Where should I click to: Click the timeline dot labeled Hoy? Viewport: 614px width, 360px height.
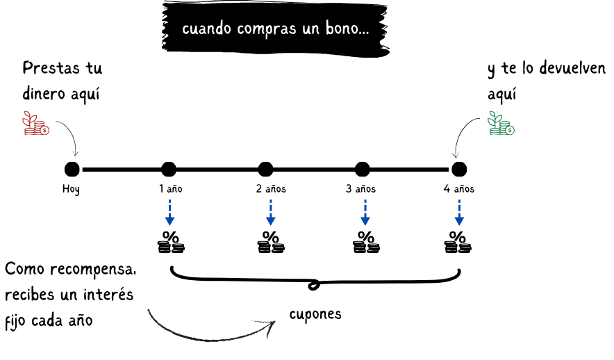[72, 169]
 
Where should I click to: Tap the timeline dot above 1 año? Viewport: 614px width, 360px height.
[169, 169]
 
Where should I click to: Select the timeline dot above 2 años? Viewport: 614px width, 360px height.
[265, 169]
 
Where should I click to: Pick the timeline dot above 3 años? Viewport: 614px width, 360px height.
[362, 169]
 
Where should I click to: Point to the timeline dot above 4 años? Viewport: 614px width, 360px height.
[458, 169]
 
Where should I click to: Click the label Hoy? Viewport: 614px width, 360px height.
[71, 189]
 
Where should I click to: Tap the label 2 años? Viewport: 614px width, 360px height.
[270, 189]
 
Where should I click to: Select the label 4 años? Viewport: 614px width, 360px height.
[459, 189]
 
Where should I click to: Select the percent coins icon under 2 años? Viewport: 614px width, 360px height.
[269, 242]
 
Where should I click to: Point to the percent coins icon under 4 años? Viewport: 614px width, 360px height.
[458, 242]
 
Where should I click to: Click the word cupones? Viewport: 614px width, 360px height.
[315, 314]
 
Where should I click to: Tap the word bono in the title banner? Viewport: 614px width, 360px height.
[342, 30]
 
